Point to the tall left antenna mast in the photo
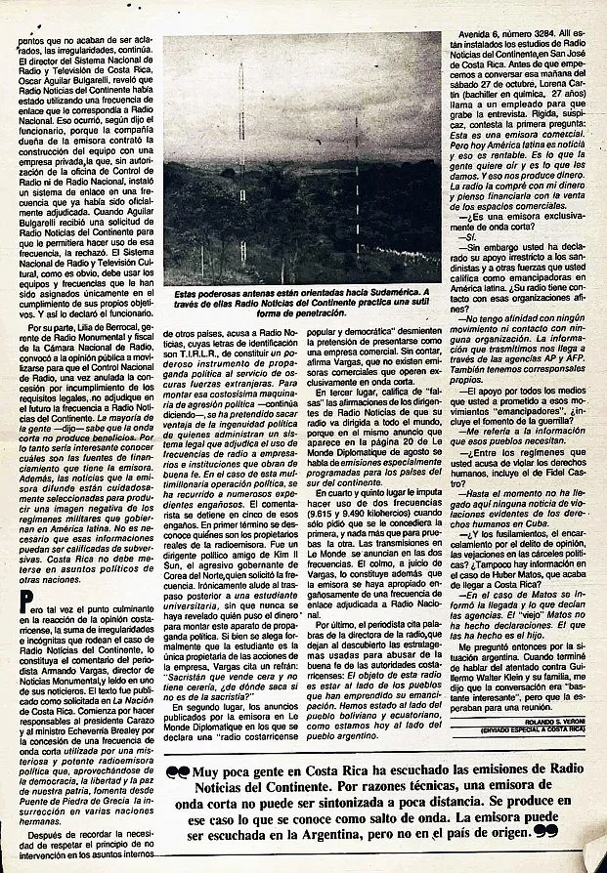241,166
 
